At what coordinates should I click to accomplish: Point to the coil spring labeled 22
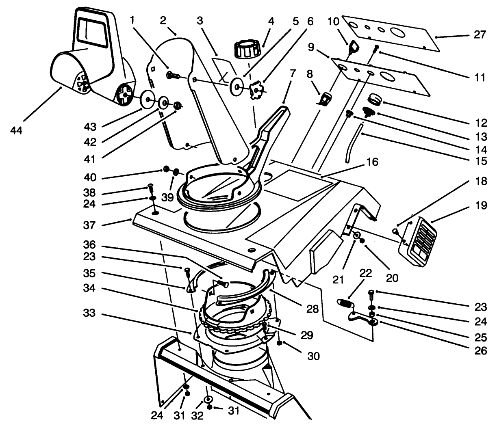pyautogui.click(x=345, y=303)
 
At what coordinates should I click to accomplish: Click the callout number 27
pyautogui.click(x=480, y=35)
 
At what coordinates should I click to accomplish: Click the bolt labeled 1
pyautogui.click(x=173, y=75)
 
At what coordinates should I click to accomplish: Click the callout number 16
pyautogui.click(x=372, y=162)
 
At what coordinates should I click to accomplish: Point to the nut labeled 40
pyautogui.click(x=166, y=169)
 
